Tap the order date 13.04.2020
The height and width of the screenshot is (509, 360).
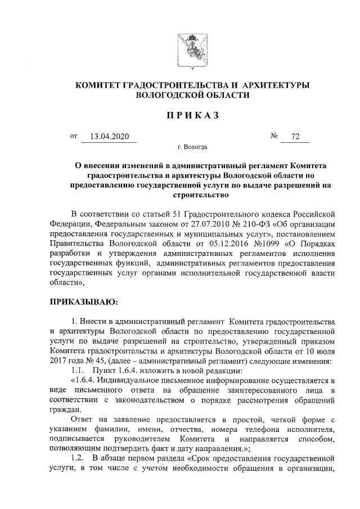pyautogui.click(x=110, y=137)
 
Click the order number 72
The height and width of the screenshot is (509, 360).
pyautogui.click(x=295, y=137)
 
